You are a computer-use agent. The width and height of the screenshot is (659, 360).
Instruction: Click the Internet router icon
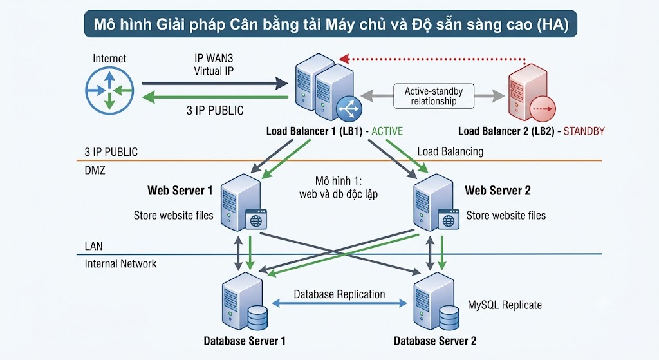[109, 90]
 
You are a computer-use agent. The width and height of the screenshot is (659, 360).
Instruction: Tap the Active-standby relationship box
[433, 97]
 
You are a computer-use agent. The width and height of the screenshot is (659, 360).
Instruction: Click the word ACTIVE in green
[387, 131]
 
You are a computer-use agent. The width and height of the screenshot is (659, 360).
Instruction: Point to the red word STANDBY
[584, 131]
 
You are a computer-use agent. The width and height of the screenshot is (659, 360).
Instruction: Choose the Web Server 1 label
[180, 191]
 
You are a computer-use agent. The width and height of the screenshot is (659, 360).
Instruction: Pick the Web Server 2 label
[497, 191]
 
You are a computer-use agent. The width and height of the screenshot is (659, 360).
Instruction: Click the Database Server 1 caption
[245, 341]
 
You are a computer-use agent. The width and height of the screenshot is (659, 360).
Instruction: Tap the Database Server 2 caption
[435, 341]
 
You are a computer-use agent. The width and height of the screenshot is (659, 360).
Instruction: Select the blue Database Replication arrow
[340, 303]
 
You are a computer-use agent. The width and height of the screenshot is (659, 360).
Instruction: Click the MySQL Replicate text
[505, 305]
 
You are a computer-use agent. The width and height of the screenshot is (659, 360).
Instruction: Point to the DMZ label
[95, 170]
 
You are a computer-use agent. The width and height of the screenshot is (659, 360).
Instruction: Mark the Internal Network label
[120, 263]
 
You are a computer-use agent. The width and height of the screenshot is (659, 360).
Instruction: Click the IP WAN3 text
[214, 58]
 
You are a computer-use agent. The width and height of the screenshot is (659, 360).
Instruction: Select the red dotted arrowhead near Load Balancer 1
[344, 59]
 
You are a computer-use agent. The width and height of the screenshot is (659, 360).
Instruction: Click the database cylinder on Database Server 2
[449, 317]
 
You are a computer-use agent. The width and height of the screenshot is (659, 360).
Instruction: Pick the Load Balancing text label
[450, 151]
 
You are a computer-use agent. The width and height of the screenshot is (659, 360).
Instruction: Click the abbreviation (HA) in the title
[552, 24]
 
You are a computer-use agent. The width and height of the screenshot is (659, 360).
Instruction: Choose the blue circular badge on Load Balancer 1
[349, 109]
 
